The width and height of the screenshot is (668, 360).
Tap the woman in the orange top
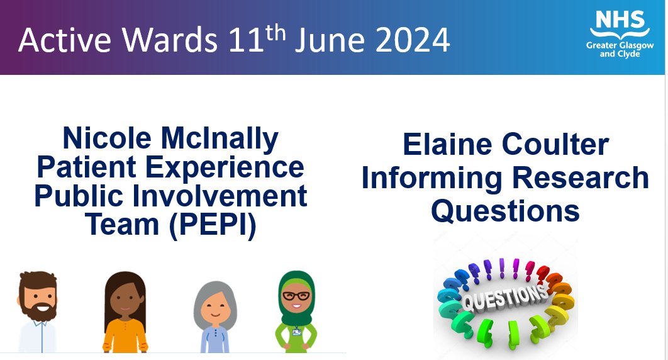125,315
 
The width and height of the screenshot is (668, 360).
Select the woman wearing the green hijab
296,312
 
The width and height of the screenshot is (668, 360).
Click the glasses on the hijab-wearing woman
296,296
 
